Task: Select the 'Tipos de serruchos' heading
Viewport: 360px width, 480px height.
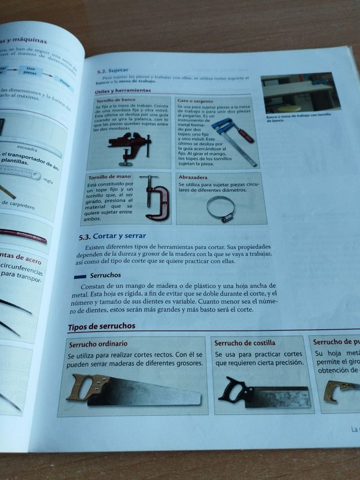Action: tap(101, 327)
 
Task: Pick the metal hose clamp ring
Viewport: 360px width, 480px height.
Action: tap(220, 209)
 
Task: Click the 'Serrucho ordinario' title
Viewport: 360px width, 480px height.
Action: tap(97, 344)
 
